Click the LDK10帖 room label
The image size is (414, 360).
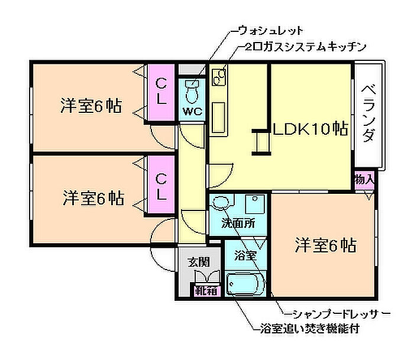[x=309, y=128]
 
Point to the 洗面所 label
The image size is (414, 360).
[x=238, y=223]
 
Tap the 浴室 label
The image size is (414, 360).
[x=244, y=256]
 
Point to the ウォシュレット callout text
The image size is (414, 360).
[x=270, y=30]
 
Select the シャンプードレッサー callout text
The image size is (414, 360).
[x=338, y=312]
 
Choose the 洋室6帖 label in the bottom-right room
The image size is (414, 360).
[x=325, y=244]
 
